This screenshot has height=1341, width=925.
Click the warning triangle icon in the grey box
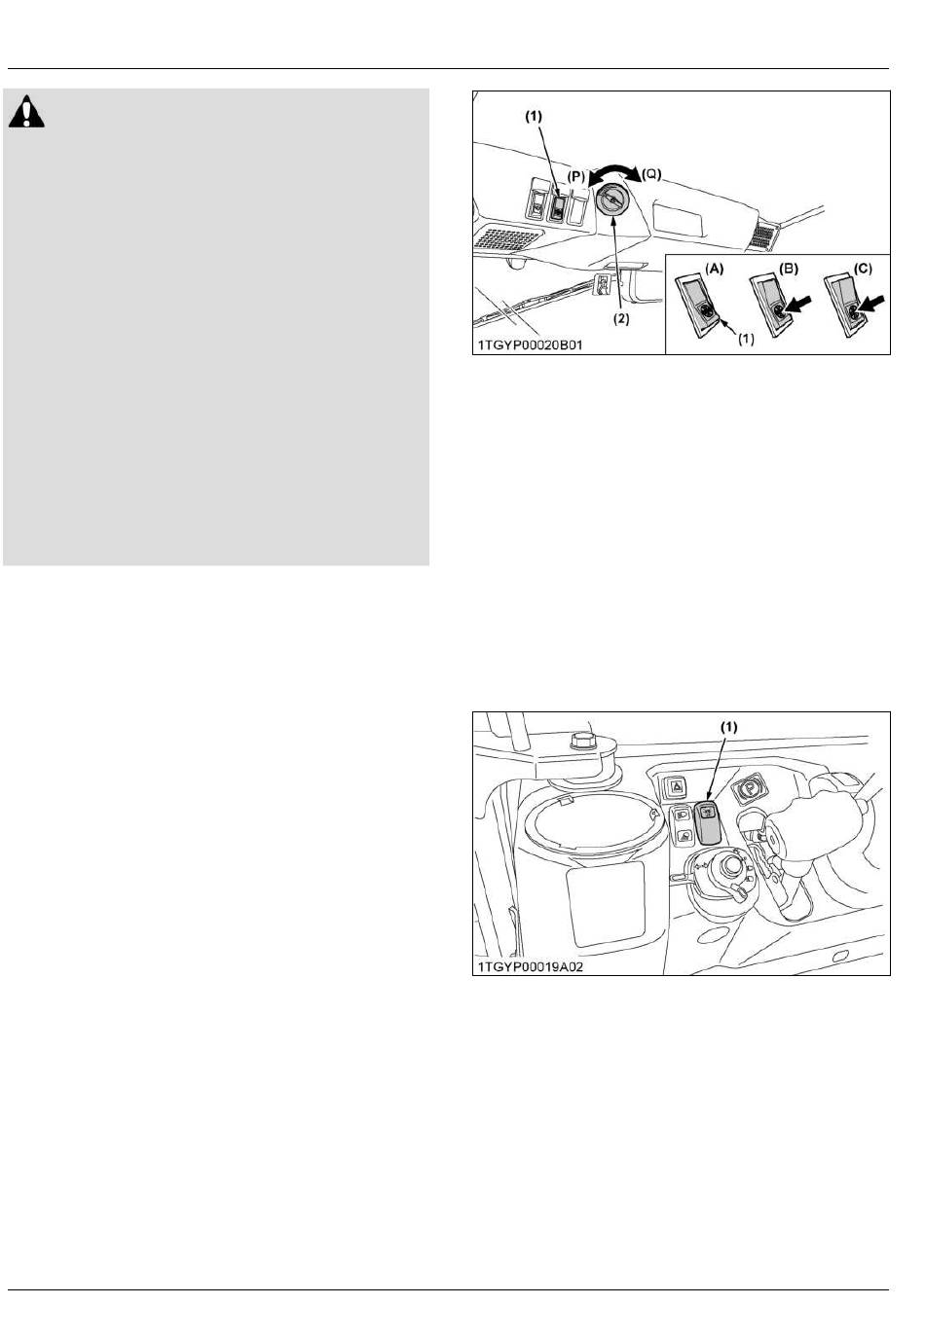pos(26,111)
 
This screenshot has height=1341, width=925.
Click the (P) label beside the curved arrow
pos(575,176)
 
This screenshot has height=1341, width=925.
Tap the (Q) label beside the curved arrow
pos(650,175)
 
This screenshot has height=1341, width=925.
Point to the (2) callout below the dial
pos(620,319)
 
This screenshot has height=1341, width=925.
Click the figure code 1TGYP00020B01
pos(529,344)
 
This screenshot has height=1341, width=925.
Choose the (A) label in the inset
pos(714,269)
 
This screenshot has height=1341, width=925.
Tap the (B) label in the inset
pos(789,269)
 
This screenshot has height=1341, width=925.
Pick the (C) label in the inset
pos(863,269)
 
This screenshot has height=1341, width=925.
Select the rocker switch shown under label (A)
pos(697,304)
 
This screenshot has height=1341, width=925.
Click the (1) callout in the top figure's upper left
pos(534,118)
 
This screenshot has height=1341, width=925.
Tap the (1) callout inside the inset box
pos(745,340)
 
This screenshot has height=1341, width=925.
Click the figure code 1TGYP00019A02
pos(530,967)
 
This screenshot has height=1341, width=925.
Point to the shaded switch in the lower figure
pos(707,822)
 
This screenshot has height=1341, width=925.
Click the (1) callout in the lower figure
pos(728,727)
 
